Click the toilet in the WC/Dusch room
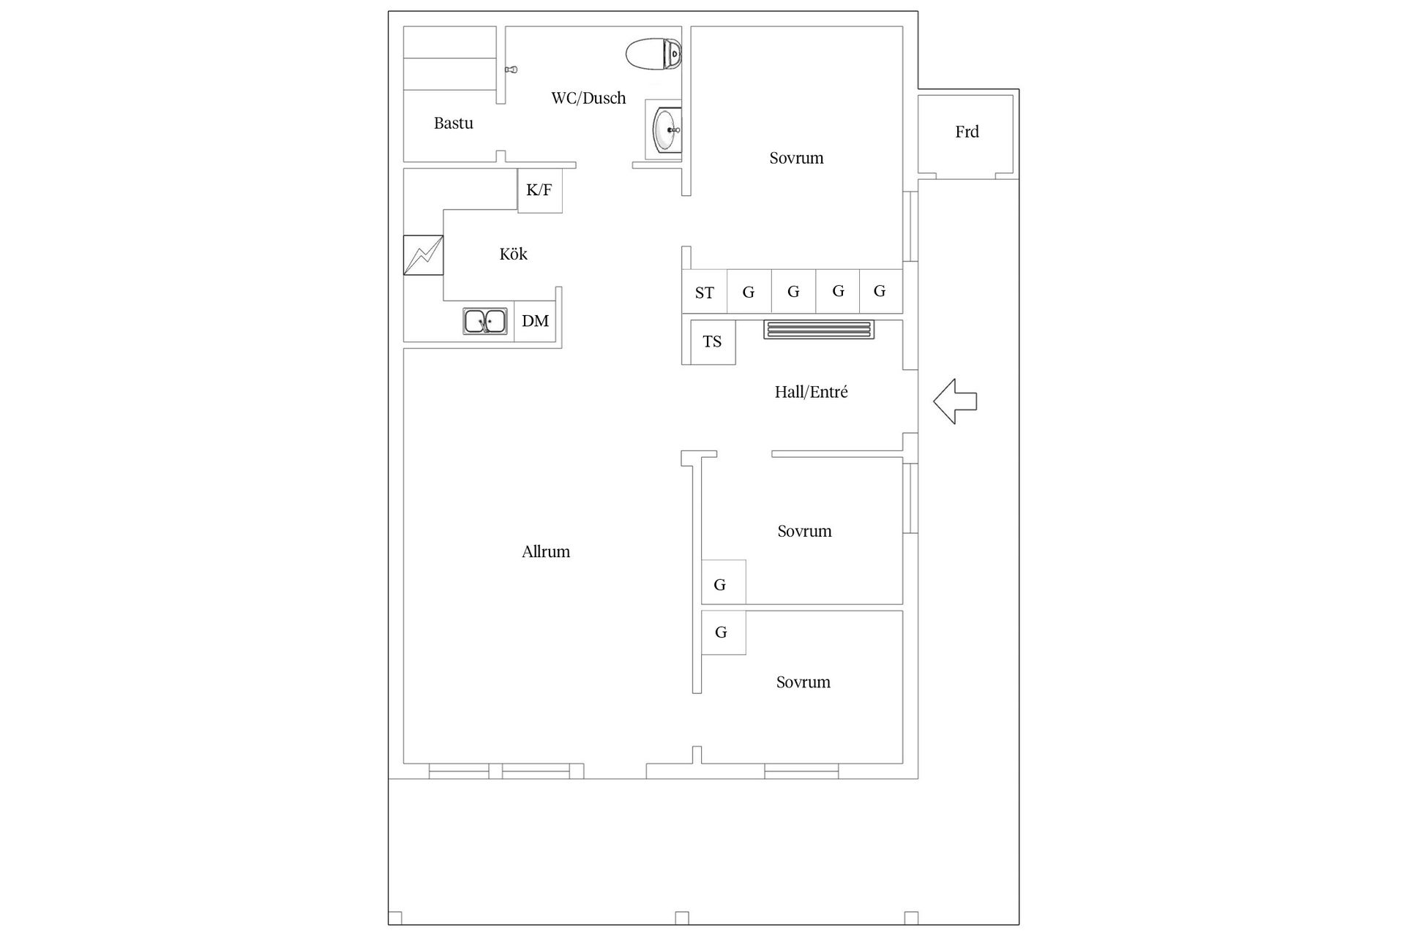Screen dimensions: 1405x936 (653, 54)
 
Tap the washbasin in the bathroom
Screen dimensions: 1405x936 (667, 129)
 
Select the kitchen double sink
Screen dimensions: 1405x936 (484, 321)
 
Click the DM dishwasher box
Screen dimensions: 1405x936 (535, 321)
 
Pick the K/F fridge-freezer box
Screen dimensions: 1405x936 (539, 191)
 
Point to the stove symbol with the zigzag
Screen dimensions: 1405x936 (423, 255)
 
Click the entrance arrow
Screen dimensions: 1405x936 (955, 401)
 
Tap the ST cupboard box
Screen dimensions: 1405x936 (704, 292)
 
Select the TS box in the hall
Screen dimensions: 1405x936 (713, 342)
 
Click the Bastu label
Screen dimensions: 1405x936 (454, 123)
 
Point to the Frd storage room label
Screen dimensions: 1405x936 (967, 132)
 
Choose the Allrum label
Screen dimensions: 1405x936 (546, 551)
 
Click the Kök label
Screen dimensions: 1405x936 (513, 254)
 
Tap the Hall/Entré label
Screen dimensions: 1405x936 (811, 392)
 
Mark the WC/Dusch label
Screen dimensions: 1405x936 (588, 98)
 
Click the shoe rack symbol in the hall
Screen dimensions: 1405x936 (819, 330)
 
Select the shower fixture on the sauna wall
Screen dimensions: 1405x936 (512, 69)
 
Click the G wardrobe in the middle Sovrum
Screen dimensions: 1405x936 (724, 582)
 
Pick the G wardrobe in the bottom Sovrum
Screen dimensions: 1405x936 (724, 633)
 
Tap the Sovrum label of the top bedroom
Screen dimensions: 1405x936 (796, 158)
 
